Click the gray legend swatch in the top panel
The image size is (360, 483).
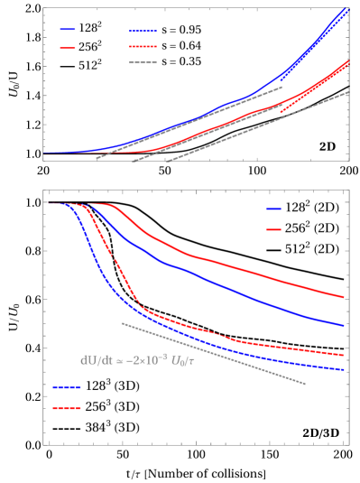point(143,63)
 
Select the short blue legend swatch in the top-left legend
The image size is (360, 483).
point(68,30)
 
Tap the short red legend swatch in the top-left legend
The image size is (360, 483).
point(68,48)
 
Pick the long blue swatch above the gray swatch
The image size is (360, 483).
point(143,31)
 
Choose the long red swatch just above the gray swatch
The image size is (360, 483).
point(143,46)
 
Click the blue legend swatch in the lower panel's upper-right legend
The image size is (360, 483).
point(273,209)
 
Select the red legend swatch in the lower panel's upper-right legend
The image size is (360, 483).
point(273,229)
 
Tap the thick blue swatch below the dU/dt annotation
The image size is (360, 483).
point(67,387)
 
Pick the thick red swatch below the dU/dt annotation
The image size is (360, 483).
point(67,408)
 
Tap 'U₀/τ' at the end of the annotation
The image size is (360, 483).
point(182,360)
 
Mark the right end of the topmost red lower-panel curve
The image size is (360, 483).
point(344,296)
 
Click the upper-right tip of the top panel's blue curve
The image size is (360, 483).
point(347,9)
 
